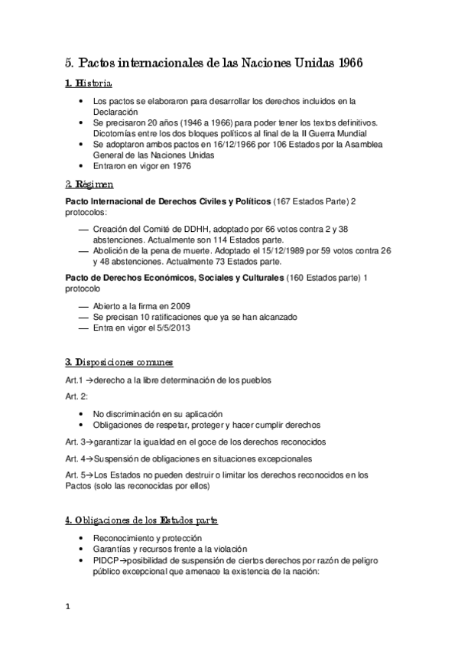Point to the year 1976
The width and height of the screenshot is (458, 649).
pyautogui.click(x=178, y=165)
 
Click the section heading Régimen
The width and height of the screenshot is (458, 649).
pyautogui.click(x=90, y=184)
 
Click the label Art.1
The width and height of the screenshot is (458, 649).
pyautogui.click(x=75, y=380)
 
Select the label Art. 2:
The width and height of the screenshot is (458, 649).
pyautogui.click(x=77, y=396)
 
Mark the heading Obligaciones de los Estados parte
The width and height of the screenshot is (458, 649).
pyautogui.click(x=141, y=520)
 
